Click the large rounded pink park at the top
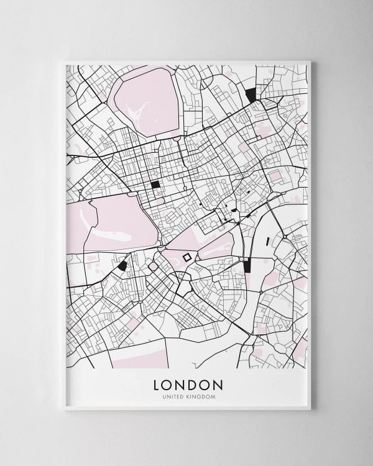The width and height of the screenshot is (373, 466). [x=147, y=99]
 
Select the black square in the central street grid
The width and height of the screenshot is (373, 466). [x=155, y=184]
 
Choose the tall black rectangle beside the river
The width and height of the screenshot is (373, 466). [x=247, y=265]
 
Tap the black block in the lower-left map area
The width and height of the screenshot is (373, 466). [x=122, y=265]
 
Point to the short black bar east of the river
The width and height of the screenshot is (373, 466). [x=268, y=242]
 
